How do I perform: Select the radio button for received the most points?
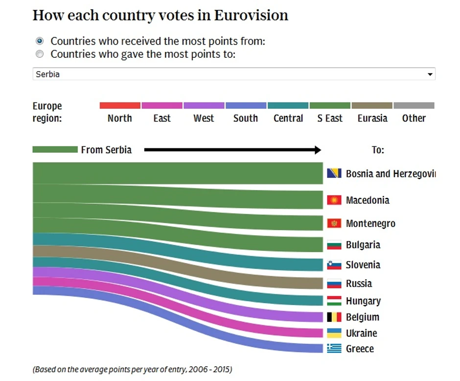[x=40, y=41]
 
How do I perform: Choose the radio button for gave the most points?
[x=40, y=54]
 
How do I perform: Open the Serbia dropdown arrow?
[x=430, y=74]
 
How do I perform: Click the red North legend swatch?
[x=120, y=105]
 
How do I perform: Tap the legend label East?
[x=162, y=119]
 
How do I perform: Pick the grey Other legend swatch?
[x=414, y=105]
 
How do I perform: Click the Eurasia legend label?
[x=372, y=119]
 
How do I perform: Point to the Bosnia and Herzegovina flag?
[x=334, y=173]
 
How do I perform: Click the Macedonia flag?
[x=334, y=200]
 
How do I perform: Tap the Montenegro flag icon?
[x=334, y=223]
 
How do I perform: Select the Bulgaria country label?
[x=363, y=245]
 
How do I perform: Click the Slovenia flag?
[x=334, y=265]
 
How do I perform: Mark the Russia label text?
[x=359, y=284]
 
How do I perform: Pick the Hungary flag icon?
[x=334, y=301]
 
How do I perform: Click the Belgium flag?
[x=334, y=317]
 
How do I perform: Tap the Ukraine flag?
[x=334, y=333]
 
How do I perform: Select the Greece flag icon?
[x=334, y=349]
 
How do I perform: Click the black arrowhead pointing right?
[x=317, y=149]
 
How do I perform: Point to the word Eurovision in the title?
[x=251, y=16]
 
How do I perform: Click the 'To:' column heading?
[x=378, y=150]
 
